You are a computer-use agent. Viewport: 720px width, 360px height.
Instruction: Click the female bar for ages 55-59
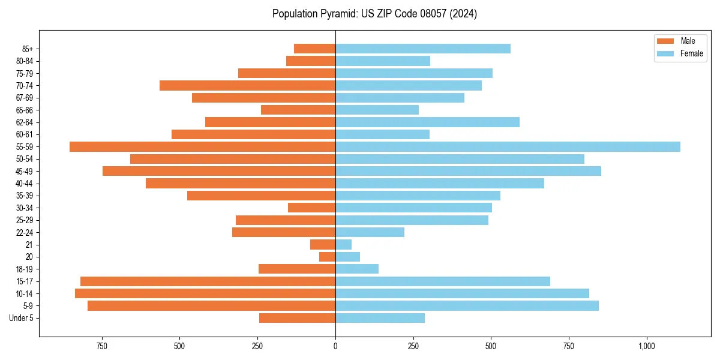click(x=508, y=147)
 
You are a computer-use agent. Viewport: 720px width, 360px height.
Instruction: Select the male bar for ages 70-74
click(x=247, y=86)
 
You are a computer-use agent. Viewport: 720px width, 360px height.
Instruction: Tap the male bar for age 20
click(x=328, y=257)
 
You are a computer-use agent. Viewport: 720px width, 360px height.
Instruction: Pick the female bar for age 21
click(x=344, y=245)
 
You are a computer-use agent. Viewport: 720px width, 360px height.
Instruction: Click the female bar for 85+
click(x=423, y=49)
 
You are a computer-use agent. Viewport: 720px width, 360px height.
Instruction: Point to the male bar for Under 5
click(x=297, y=318)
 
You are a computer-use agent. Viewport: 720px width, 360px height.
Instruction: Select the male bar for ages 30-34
click(x=311, y=208)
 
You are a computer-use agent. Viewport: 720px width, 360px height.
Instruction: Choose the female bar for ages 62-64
click(x=427, y=122)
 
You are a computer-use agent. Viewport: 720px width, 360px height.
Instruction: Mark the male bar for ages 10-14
click(x=205, y=293)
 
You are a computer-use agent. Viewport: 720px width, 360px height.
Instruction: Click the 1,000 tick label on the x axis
click(x=647, y=347)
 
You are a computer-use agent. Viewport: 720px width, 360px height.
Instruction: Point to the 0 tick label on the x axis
click(x=335, y=347)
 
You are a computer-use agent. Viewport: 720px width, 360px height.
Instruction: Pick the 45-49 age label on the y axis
click(x=25, y=172)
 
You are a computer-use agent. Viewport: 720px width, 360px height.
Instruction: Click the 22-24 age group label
click(x=25, y=233)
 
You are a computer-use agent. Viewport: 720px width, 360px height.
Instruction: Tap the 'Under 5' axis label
click(x=22, y=318)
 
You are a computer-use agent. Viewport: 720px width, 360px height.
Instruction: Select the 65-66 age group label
click(x=25, y=110)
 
